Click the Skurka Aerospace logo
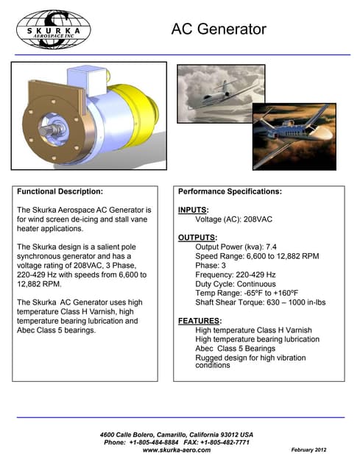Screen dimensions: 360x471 pyautogui.click(x=52, y=29)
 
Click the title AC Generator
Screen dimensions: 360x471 pyautogui.click(x=219, y=29)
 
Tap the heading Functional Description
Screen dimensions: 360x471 pyautogui.click(x=60, y=191)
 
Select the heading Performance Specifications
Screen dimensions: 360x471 pyautogui.click(x=230, y=191)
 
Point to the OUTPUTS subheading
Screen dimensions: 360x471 pyautogui.click(x=197, y=238)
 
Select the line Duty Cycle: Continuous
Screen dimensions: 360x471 pyautogui.click(x=236, y=284)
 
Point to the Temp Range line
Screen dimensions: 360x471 pyautogui.click(x=247, y=293)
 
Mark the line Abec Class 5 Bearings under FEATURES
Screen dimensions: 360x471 pyautogui.click(x=236, y=348)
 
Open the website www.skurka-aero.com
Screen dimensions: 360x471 pyautogui.click(x=176, y=450)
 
